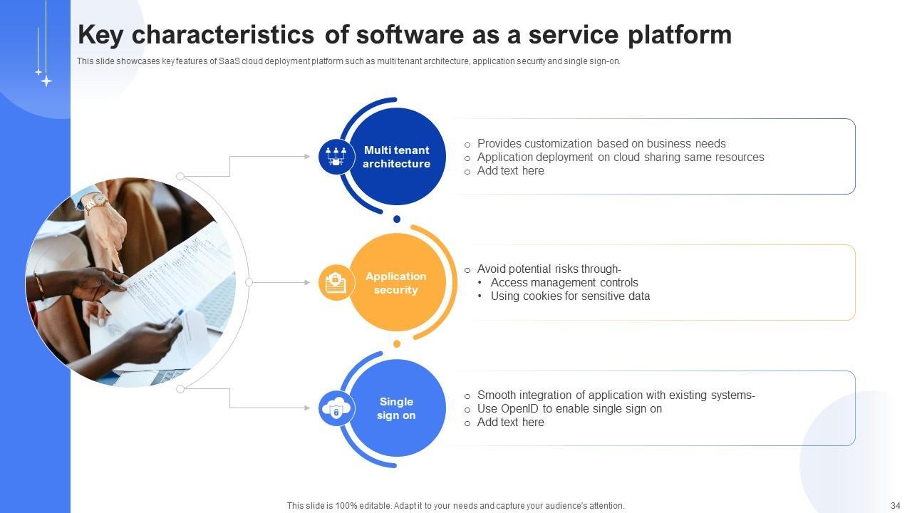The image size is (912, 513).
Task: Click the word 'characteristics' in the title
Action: [x=223, y=35]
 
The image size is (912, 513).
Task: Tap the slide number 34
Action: [x=896, y=505]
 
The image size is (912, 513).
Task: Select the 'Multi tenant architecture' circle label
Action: [x=397, y=157]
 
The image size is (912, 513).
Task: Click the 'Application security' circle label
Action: [x=395, y=283]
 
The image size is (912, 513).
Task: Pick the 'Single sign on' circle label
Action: [x=396, y=408]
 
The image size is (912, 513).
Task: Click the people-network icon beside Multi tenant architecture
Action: [x=336, y=157]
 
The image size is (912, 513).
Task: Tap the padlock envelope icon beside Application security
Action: [x=336, y=283]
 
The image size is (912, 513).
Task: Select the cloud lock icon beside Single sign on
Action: [x=336, y=408]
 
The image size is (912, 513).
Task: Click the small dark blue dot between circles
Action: [x=397, y=219]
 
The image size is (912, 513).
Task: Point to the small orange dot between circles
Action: [x=397, y=344]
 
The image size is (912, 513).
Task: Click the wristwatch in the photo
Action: [x=97, y=201]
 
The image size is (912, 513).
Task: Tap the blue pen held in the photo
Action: [x=175, y=318]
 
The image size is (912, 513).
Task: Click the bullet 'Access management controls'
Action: [x=564, y=283]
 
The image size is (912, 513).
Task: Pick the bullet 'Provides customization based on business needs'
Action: [x=601, y=144]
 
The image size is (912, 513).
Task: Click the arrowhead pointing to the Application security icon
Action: [x=307, y=283]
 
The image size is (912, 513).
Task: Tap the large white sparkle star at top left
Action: [x=46, y=81]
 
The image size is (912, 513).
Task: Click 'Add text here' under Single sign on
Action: [x=511, y=423]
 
